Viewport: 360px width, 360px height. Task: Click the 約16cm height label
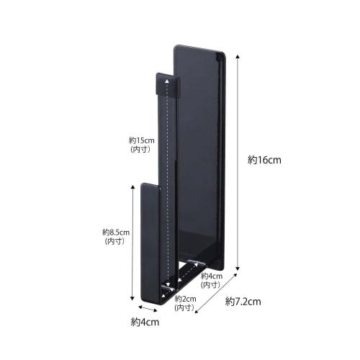pyautogui.click(x=264, y=160)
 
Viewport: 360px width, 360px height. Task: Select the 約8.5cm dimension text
pyautogui.click(x=115, y=233)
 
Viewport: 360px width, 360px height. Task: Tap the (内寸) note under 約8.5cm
pyautogui.click(x=115, y=242)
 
